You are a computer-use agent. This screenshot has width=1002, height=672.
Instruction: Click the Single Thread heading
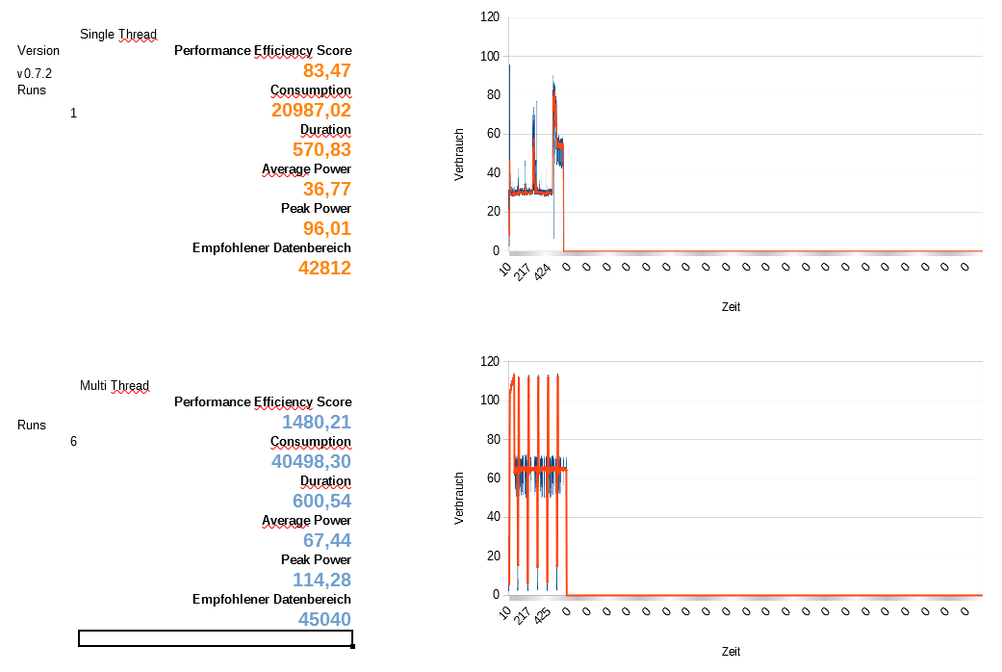(118, 35)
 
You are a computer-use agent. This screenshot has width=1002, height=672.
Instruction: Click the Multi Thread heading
(115, 386)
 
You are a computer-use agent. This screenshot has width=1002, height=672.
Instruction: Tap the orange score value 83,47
(327, 70)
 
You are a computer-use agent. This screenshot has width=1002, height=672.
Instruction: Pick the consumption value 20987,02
(311, 110)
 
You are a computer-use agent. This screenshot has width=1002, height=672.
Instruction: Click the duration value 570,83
(321, 149)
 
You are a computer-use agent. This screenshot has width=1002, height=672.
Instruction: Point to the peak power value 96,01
(326, 228)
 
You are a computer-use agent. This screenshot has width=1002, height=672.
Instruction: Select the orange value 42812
(324, 268)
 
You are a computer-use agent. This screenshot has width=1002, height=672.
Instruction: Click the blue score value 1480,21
(316, 422)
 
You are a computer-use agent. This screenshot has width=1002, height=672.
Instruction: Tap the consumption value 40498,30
(311, 461)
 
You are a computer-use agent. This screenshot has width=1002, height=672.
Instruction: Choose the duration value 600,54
(321, 501)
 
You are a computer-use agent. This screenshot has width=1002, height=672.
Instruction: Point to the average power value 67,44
(326, 540)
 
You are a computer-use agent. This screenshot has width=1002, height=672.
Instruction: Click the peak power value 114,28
(321, 580)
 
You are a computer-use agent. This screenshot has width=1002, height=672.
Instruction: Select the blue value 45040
(324, 619)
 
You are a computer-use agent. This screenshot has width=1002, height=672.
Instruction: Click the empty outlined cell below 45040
(216, 638)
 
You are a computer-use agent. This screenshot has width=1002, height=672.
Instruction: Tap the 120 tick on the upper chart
(490, 17)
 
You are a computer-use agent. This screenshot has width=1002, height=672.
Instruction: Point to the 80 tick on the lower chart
(493, 439)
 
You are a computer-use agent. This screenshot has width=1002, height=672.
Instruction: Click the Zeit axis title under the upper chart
(732, 307)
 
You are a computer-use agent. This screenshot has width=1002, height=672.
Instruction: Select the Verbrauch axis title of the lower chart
(460, 499)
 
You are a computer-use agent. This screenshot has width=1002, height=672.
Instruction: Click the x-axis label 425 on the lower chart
(543, 614)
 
